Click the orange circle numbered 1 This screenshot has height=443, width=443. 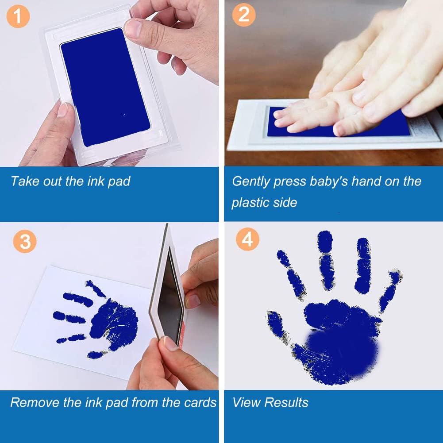pyautogui.click(x=18, y=16)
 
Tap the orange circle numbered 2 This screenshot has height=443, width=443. pyautogui.click(x=244, y=15)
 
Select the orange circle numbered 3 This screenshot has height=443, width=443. pyautogui.click(x=25, y=242)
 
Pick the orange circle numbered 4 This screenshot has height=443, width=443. pyautogui.click(x=248, y=239)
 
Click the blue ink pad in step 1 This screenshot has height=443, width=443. pyautogui.click(x=105, y=87)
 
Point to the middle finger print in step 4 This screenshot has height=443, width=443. pyautogui.click(x=327, y=259)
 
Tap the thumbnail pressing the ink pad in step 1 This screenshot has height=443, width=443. pyautogui.click(x=133, y=28)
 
